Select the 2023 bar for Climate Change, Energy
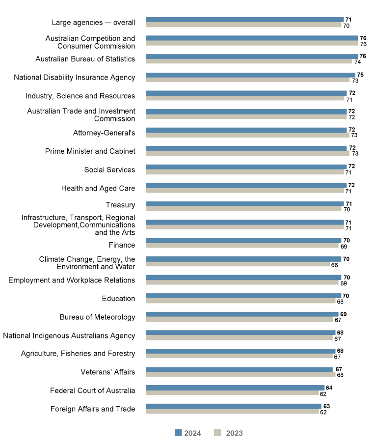tap(238, 265)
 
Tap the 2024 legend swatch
tap(178, 433)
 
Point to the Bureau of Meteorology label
tap(97, 317)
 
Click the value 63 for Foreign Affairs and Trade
tap(326, 406)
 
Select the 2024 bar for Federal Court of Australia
tap(235, 388)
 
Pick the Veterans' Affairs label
tap(108, 372)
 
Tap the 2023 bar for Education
tap(241, 302)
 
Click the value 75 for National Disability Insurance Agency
tap(360, 75)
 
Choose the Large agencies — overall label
tap(93, 23)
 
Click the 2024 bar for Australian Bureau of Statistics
tap(252, 56)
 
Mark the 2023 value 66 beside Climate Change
tap(334, 265)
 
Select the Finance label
tap(122, 245)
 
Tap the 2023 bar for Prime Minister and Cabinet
tap(247, 154)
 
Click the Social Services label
tap(109, 170)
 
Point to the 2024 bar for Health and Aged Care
tap(246, 185)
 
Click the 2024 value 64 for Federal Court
tap(329, 388)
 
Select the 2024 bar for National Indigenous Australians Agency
tap(241, 333)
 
